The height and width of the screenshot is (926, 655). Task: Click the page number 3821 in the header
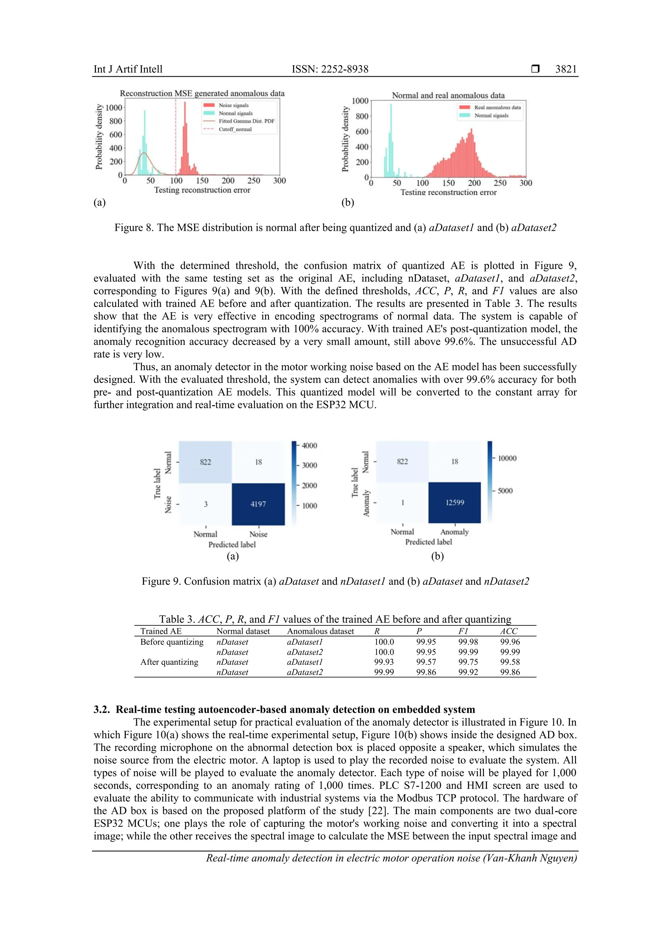coord(565,69)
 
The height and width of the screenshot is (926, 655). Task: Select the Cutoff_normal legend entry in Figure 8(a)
coord(235,129)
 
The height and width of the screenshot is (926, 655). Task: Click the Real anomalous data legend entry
coord(497,107)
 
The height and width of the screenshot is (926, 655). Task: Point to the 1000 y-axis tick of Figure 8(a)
coord(114,108)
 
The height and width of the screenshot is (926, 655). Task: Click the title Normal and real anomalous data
coord(448,96)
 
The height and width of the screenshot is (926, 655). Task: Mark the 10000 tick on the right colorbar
coord(507,458)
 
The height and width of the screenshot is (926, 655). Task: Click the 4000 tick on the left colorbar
coord(309,446)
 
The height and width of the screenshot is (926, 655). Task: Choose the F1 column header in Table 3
coord(463,631)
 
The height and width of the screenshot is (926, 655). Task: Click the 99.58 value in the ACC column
coord(510,662)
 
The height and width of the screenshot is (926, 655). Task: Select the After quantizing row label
coord(169,662)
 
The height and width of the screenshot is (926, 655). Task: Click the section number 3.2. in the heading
coord(102,710)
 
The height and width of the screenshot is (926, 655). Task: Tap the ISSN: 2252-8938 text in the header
coord(330,69)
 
